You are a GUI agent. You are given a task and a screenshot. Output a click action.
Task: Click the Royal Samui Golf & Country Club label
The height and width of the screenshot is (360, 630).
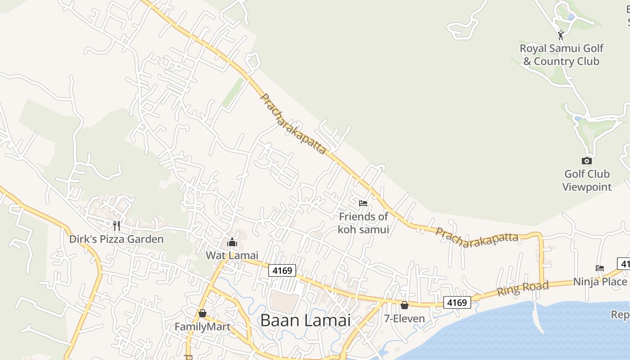pyautogui.click(x=561, y=54)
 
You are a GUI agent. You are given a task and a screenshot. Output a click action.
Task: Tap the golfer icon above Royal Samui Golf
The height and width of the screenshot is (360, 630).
pyautogui.click(x=561, y=35)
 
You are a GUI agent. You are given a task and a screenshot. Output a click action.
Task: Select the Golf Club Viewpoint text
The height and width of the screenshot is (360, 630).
pyautogui.click(x=587, y=180)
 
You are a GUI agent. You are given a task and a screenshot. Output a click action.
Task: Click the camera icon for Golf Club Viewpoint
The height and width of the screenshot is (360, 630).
pyautogui.click(x=586, y=161)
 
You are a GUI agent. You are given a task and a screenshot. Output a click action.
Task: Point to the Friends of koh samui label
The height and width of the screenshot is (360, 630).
pyautogui.click(x=363, y=223)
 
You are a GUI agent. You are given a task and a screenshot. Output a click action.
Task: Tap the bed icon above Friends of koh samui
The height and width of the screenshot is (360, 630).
pyautogui.click(x=363, y=203)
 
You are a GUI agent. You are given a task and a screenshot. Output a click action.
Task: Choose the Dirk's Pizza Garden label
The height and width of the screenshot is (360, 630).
pyautogui.click(x=116, y=239)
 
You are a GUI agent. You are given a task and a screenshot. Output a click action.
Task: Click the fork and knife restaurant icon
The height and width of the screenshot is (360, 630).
pyautogui.click(x=117, y=225)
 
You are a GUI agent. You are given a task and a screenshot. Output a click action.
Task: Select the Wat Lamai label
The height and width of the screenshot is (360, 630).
pyautogui.click(x=232, y=255)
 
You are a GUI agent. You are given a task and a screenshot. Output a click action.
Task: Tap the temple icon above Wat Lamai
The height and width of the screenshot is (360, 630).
pyautogui.click(x=232, y=243)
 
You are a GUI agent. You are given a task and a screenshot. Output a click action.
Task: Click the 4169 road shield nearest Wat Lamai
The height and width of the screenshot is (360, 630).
pyautogui.click(x=282, y=271)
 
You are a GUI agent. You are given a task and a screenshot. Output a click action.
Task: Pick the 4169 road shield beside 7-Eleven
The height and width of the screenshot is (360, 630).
pyautogui.click(x=457, y=302)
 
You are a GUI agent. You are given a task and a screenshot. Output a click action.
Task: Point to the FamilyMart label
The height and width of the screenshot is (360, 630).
pyautogui.click(x=202, y=326)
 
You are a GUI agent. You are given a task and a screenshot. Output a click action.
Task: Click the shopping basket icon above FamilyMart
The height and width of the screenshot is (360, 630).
pyautogui.click(x=202, y=313)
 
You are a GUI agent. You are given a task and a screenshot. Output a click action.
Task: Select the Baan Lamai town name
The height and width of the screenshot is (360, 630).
pyautogui.click(x=305, y=320)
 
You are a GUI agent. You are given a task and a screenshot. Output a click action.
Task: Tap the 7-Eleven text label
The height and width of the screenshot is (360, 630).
pyautogui.click(x=404, y=319)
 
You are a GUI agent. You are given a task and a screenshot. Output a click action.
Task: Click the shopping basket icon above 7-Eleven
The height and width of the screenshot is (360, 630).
pyautogui.click(x=405, y=305)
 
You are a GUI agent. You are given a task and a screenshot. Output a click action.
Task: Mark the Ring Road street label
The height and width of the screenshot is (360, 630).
pyautogui.click(x=523, y=288)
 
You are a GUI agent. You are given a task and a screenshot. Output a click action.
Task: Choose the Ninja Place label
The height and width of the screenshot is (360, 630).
pyautogui.click(x=600, y=282)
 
